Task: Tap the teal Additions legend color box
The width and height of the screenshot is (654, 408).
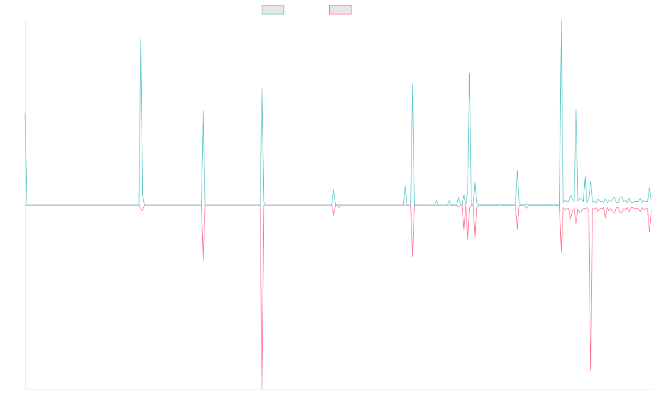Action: click(273, 10)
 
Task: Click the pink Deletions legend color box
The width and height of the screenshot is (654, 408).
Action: click(341, 10)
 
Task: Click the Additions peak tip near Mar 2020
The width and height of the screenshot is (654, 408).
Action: click(141, 38)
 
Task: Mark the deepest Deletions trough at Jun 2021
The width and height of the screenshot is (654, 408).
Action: click(262, 390)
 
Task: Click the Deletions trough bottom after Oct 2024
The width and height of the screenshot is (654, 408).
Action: click(591, 370)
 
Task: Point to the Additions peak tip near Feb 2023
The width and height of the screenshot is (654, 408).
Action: click(413, 84)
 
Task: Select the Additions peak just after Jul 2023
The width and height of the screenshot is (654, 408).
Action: click(469, 73)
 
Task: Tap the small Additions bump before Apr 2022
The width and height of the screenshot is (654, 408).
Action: click(334, 189)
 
